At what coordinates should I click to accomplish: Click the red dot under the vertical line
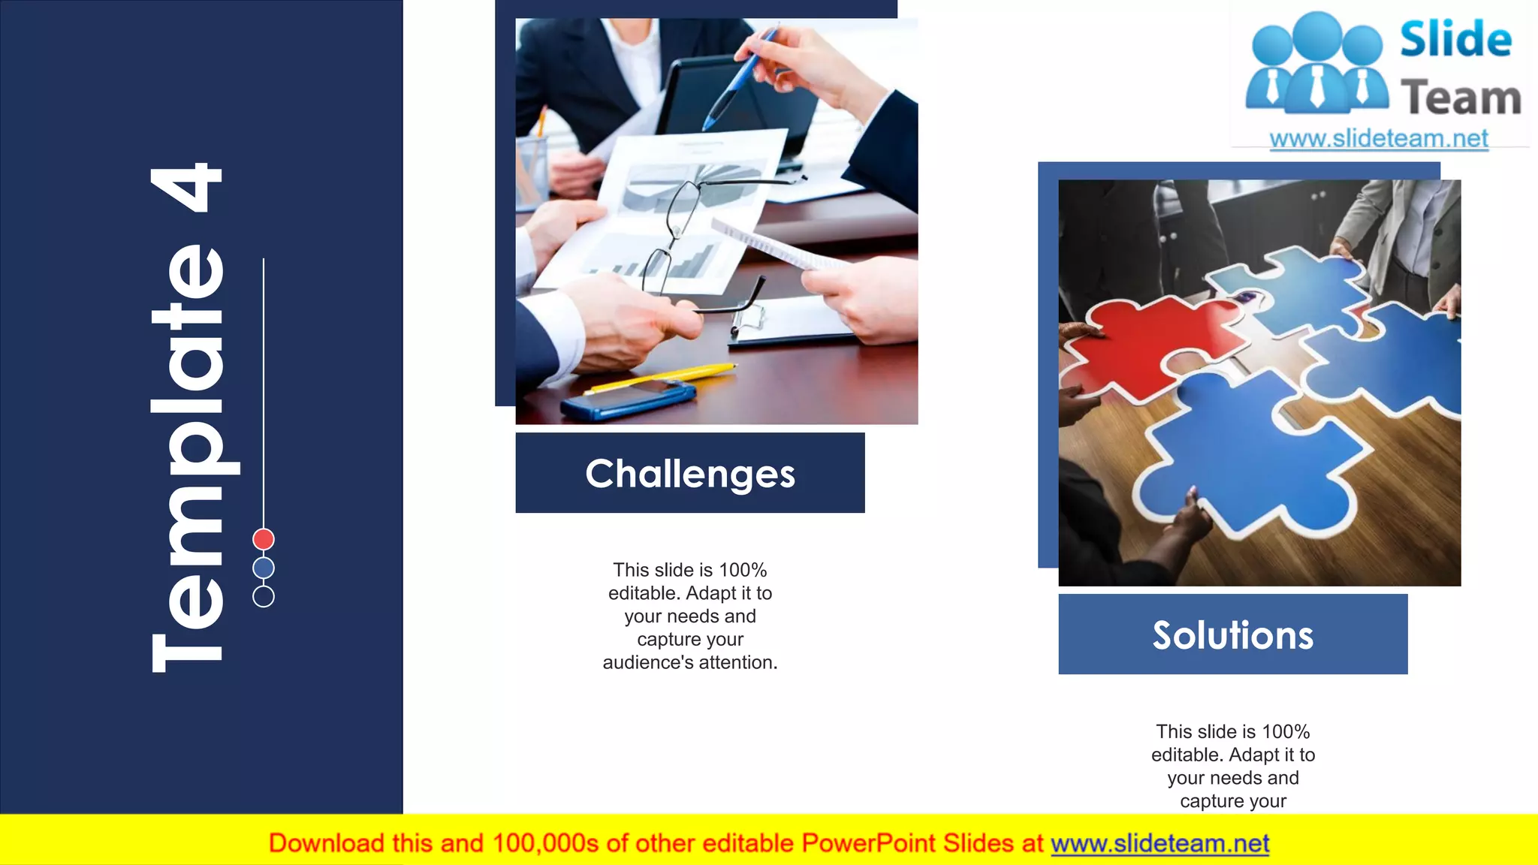264,539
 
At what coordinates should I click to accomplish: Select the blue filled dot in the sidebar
264,568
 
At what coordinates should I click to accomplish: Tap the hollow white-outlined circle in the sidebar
264,596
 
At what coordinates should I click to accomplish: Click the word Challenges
690,474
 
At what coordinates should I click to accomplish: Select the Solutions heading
1233,635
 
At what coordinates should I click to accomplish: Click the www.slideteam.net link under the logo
1379,139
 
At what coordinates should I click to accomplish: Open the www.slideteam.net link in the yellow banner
1160,843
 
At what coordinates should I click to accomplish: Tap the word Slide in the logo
1455,39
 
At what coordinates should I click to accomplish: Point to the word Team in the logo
1461,98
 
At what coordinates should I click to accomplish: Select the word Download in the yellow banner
326,843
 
